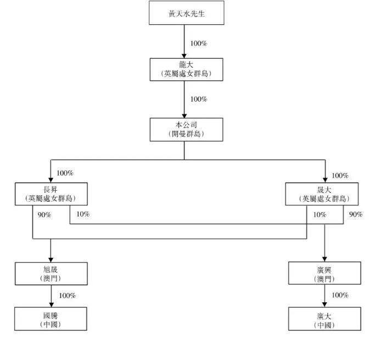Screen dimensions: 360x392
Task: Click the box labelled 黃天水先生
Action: [187, 13]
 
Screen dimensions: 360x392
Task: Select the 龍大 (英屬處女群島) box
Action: [187, 69]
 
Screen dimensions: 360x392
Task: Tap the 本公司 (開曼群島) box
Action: [187, 129]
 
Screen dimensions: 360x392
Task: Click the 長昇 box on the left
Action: [51, 194]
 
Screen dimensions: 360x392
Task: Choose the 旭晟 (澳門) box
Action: [51, 274]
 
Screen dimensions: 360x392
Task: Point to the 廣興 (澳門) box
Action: [324, 274]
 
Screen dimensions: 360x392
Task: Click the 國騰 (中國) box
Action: [51, 319]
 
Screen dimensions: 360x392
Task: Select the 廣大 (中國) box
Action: [324, 319]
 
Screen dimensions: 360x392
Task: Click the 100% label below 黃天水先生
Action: [198, 43]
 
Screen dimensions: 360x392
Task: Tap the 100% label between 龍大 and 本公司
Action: [198, 99]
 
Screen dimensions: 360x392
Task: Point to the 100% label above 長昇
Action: [65, 173]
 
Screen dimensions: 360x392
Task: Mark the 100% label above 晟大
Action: [340, 176]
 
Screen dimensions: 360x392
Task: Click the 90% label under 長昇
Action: [44, 215]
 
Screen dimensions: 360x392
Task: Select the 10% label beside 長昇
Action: [83, 214]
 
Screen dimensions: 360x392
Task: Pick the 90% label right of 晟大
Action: [356, 214]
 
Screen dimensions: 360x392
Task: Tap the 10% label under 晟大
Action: [319, 215]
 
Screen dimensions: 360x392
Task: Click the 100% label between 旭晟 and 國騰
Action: [67, 296]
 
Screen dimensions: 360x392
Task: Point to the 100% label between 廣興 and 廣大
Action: [340, 296]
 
